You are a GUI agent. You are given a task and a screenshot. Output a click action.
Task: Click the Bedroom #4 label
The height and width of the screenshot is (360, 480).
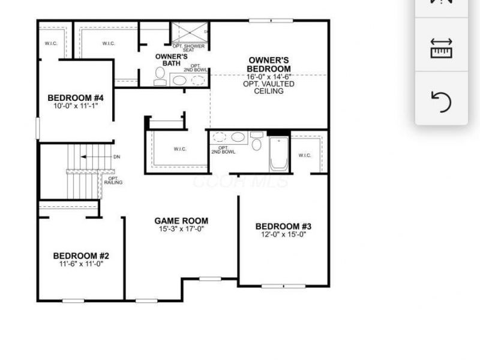pos(76,98)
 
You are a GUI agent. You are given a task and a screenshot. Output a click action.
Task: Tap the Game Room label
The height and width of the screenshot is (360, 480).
pos(181,221)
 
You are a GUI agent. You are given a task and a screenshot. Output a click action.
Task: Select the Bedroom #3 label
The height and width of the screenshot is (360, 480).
pos(283,226)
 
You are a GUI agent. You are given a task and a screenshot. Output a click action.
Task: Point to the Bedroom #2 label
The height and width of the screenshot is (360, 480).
pos(81,256)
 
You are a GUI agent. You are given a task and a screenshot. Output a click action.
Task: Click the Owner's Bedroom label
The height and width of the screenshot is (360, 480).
pos(269,64)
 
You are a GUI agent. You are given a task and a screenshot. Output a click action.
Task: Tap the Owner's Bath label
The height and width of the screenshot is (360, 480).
pos(171,59)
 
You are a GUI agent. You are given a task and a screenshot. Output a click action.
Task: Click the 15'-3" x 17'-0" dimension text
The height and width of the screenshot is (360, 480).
pos(181,229)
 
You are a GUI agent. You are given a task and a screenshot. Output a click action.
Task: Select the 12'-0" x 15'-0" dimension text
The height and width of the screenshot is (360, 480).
pos(283,235)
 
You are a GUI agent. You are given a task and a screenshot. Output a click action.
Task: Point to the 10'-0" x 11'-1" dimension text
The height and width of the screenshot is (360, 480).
pos(76,106)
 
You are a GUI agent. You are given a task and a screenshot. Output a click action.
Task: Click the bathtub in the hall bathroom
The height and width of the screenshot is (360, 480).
pos(279,154)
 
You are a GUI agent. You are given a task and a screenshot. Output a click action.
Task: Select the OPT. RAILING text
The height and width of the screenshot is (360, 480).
pos(113,180)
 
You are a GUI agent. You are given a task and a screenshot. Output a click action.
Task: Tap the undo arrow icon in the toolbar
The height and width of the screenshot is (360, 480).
pos(441,101)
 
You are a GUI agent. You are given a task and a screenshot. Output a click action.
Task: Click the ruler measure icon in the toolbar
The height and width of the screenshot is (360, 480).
pos(441,49)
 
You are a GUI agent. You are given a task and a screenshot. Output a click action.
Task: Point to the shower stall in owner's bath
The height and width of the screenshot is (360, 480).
pos(188,32)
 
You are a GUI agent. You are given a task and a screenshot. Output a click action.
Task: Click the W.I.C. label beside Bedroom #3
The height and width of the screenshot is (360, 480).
pos(304,155)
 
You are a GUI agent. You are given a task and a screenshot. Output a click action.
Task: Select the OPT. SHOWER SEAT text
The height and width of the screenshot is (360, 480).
pos(188,48)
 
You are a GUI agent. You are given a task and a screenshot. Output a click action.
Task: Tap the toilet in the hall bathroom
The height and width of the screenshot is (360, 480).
pos(256,143)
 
